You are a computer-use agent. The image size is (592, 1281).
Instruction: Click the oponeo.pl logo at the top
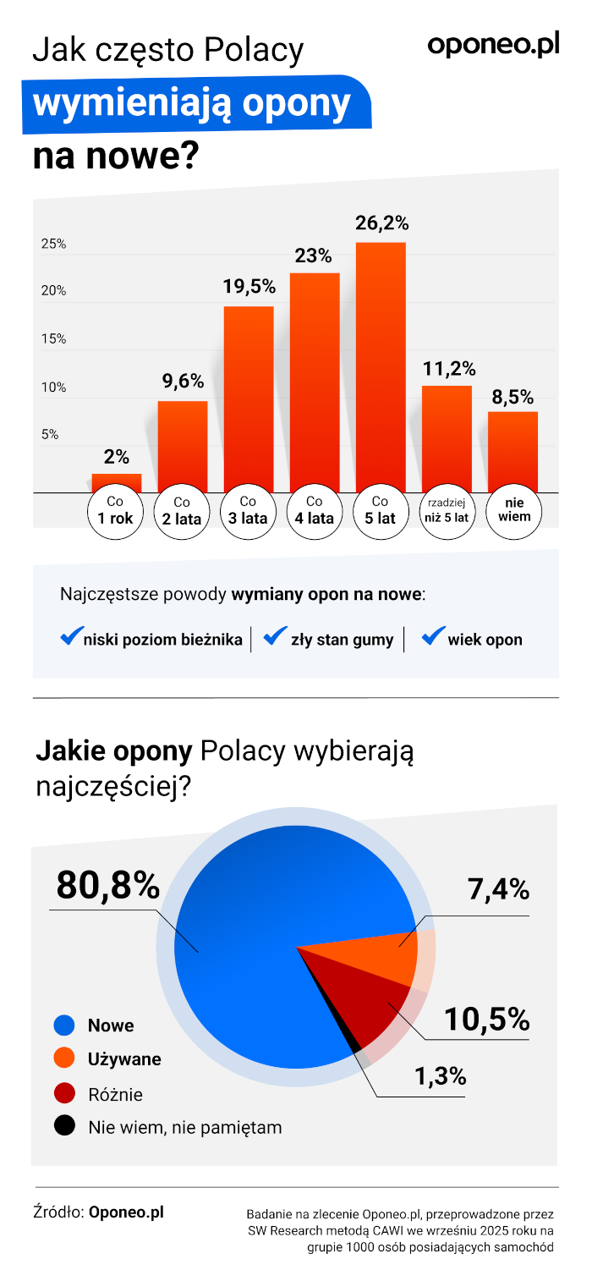pos(493,46)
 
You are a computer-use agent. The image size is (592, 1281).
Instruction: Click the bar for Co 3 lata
pos(249,399)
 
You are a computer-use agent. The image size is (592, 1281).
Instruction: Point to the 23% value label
pos(313,256)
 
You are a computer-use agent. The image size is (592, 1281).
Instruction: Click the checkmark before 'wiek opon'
pos(434,636)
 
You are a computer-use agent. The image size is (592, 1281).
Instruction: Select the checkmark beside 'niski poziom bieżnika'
pos(71,636)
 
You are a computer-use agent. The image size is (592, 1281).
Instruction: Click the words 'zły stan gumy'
pos(342,640)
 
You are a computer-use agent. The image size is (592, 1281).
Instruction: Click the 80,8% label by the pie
pos(108,886)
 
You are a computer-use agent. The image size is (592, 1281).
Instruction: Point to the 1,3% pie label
pos(440,1076)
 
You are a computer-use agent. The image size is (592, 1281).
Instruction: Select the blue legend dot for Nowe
pos(65,1025)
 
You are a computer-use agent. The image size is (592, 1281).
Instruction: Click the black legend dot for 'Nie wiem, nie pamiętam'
pos(65,1126)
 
